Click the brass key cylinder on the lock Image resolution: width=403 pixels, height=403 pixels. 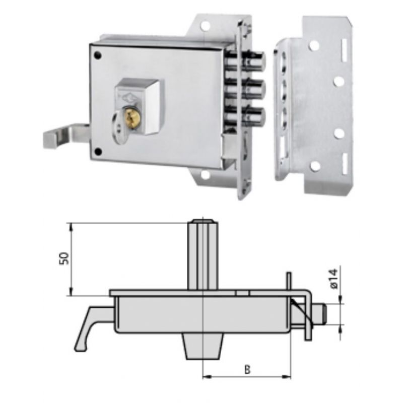(132, 117)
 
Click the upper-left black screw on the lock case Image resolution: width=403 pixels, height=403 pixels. (97, 55)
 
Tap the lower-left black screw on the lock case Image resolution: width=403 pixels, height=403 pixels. (98, 152)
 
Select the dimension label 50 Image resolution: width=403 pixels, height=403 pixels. (64, 259)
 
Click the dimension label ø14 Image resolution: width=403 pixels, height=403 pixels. (334, 280)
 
